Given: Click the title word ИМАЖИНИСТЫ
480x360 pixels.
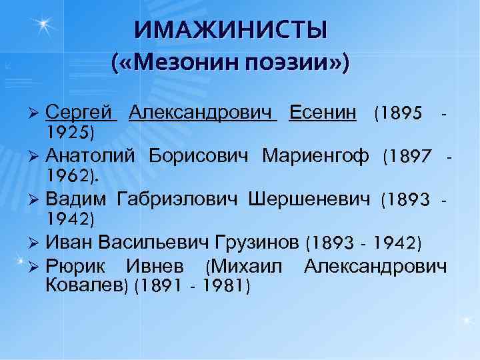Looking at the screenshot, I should (x=231, y=31).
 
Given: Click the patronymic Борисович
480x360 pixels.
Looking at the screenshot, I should (x=199, y=156).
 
